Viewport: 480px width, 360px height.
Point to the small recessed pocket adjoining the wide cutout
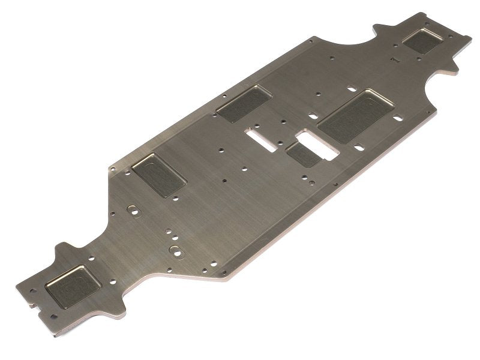[x=302, y=155]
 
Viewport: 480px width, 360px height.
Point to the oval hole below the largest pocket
[x=358, y=146]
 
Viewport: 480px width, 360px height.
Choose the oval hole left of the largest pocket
[x=313, y=114]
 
